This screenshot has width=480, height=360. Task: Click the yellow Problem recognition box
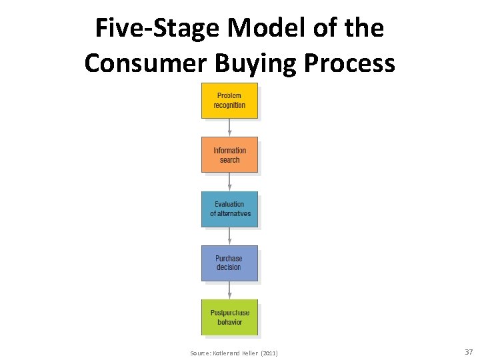[229, 101]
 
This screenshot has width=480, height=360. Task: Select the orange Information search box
[229, 155]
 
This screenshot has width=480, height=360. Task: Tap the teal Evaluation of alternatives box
[229, 209]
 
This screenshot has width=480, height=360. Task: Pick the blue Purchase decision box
[229, 263]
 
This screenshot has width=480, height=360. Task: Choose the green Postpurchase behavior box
[229, 317]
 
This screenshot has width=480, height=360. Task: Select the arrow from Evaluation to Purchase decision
[229, 236]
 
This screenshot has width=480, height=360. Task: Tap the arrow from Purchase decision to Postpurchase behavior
[229, 290]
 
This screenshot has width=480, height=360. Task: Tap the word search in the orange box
[229, 160]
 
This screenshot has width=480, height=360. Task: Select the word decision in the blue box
[229, 267]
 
